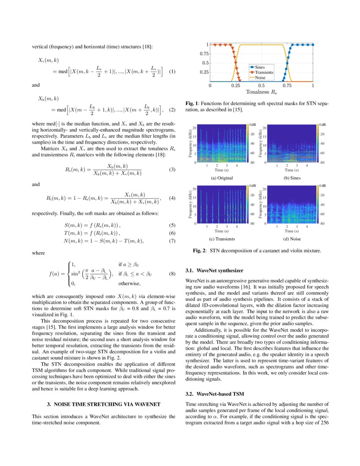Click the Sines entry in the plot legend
(x=263, y=67)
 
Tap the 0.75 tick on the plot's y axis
(x=203, y=54)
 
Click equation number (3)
(x=172, y=169)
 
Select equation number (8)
(x=172, y=274)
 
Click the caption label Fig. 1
(x=194, y=103)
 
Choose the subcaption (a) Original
(x=222, y=178)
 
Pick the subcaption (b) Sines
(x=292, y=178)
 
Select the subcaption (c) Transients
(x=222, y=239)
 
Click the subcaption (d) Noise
(x=292, y=239)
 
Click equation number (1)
(x=172, y=72)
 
